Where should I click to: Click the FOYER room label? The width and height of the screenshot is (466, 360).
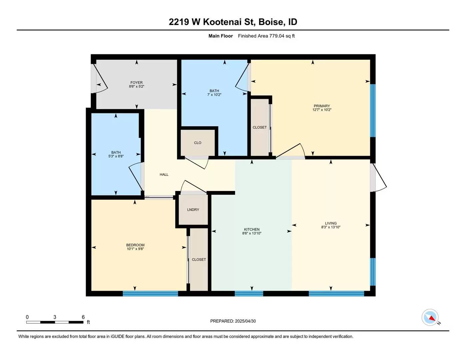pyautogui.click(x=136, y=83)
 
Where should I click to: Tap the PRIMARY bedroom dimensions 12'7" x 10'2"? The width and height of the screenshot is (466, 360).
pyautogui.click(x=322, y=110)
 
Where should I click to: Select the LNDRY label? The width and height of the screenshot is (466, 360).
pyautogui.click(x=193, y=210)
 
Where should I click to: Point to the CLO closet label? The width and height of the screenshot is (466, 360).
pyautogui.click(x=198, y=143)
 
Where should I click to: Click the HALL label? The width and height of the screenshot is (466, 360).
pyautogui.click(x=164, y=175)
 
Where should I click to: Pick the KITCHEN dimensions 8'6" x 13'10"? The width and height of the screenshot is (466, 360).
pyautogui.click(x=252, y=233)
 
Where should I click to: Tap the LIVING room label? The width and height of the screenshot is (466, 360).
pyautogui.click(x=331, y=223)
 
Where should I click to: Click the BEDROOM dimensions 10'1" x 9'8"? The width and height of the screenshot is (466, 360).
pyautogui.click(x=135, y=249)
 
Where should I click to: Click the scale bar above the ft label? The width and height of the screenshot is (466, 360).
pyautogui.click(x=55, y=322)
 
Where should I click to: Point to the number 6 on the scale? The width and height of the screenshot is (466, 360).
pyautogui.click(x=83, y=317)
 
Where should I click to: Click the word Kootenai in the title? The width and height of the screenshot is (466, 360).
pyautogui.click(x=228, y=22)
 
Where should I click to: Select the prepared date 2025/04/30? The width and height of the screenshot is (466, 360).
pyautogui.click(x=245, y=321)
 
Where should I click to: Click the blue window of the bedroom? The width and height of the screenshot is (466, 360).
pyautogui.click(x=150, y=294)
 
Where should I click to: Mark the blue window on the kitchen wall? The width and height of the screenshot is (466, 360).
pyautogui.click(x=249, y=294)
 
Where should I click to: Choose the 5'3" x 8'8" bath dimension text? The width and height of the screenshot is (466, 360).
pyautogui.click(x=116, y=156)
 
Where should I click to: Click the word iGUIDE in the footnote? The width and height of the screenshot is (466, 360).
pyautogui.click(x=118, y=337)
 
